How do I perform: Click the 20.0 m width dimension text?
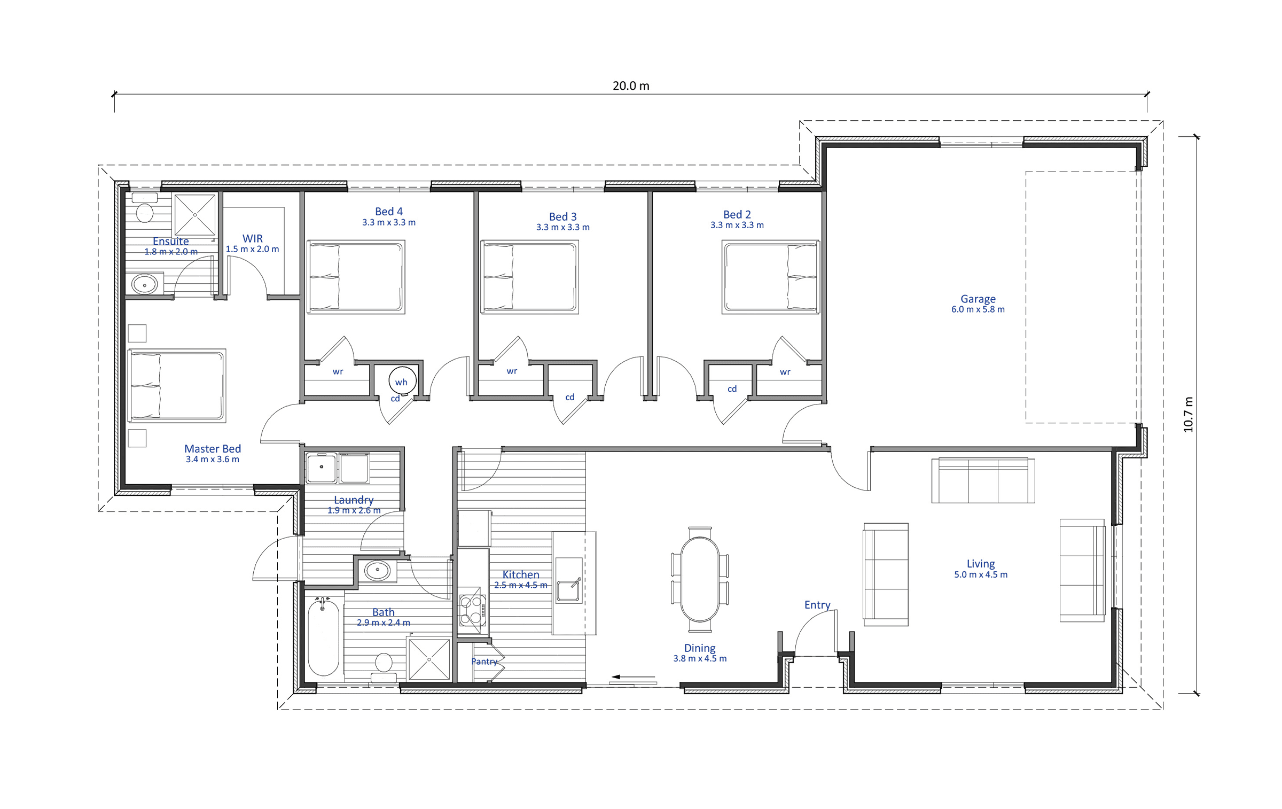pos(631,86)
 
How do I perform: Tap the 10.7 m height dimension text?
pos(1187,415)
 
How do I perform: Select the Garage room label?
pos(978,299)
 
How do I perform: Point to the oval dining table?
pos(700,579)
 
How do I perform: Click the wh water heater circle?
pos(402,381)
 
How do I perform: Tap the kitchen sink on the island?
pos(568,590)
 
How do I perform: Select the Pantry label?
pos(484,662)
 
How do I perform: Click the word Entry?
pos(817,605)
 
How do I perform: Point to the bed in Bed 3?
pos(530,277)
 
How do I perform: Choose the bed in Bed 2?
pos(770,277)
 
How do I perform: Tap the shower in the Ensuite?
pos(195,215)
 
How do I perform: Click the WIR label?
pos(253,239)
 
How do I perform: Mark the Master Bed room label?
pos(213,449)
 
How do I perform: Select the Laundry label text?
pos(354,500)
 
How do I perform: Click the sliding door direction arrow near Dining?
pos(634,677)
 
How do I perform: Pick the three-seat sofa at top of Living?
pos(983,480)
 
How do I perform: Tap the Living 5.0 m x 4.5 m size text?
pos(981,575)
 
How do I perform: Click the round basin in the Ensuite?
pos(144,284)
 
